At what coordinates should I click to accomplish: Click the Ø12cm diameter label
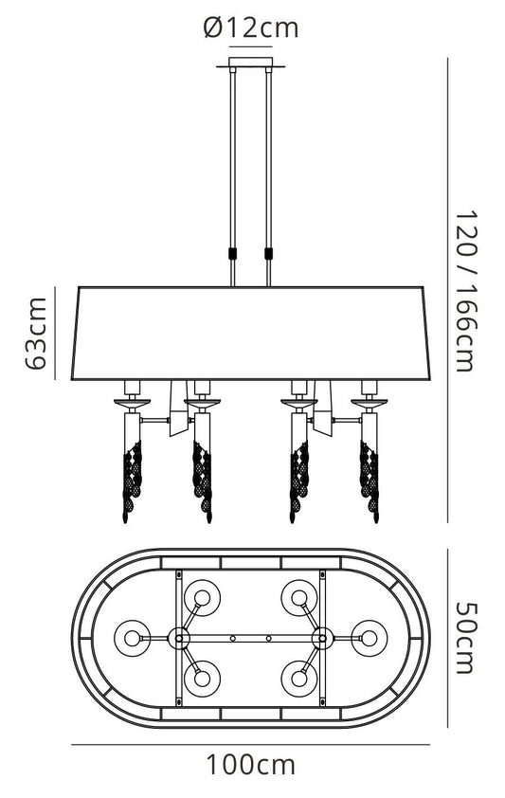(251, 27)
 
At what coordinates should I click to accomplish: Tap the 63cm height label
(37, 333)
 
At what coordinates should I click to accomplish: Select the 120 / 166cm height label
(466, 291)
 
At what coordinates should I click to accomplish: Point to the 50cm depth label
(466, 638)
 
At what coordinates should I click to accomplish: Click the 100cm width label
(250, 764)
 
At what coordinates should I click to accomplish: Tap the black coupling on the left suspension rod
(233, 253)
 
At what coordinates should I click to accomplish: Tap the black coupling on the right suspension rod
(268, 253)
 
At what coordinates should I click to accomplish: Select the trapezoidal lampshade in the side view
(250, 334)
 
